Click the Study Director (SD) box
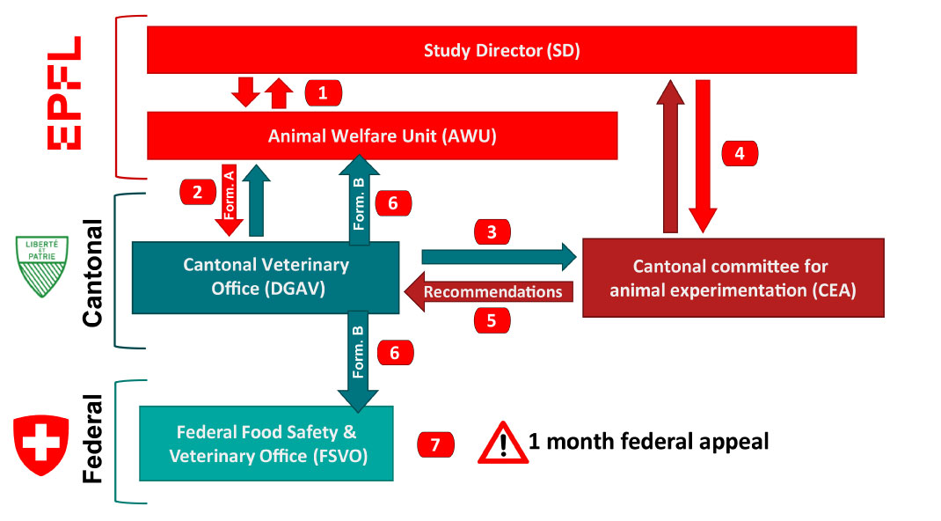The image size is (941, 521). (x=501, y=50)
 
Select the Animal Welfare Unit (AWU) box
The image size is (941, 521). (x=382, y=136)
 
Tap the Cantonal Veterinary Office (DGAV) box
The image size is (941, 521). (x=266, y=276)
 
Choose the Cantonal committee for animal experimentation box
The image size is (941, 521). (x=733, y=277)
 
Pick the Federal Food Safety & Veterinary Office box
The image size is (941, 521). (x=266, y=444)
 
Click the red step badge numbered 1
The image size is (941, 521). (x=323, y=92)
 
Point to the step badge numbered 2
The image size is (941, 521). (x=198, y=190)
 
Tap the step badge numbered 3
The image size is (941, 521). (x=492, y=232)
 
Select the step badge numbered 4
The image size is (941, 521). (x=740, y=153)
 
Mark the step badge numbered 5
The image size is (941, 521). (x=492, y=321)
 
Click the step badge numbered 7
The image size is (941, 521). (x=435, y=444)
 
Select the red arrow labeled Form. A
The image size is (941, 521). (x=229, y=199)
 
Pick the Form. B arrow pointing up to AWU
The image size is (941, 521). (x=358, y=198)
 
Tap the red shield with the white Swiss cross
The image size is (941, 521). (x=40, y=445)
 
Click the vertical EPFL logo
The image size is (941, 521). (x=63, y=93)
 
